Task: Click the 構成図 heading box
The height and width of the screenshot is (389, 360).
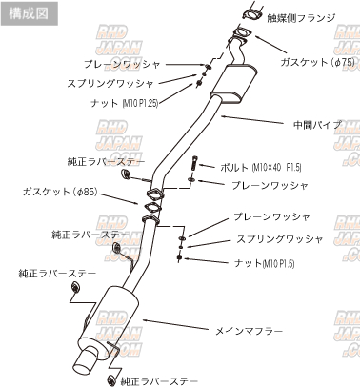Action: [30, 13]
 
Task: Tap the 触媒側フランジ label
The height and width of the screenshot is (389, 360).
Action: [301, 17]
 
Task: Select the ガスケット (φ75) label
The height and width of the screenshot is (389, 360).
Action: [317, 62]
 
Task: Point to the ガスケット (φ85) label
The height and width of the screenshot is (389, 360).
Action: [60, 192]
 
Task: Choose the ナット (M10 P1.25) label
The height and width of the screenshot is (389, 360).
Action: [124, 103]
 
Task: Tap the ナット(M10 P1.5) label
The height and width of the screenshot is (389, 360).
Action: [264, 263]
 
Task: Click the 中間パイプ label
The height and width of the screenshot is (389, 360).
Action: [317, 125]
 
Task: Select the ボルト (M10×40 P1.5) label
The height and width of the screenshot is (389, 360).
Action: [261, 167]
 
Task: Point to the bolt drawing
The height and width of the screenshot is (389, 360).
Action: [194, 163]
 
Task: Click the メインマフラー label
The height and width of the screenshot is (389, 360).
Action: [249, 332]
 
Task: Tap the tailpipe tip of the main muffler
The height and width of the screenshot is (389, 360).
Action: [85, 365]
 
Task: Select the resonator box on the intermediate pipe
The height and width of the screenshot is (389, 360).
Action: [234, 84]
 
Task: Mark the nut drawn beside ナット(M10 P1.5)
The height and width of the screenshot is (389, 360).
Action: [179, 257]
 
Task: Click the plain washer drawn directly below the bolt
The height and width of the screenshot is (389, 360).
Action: [191, 180]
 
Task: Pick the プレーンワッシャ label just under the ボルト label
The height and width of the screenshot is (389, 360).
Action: [270, 186]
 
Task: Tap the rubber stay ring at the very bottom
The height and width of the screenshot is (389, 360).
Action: [111, 379]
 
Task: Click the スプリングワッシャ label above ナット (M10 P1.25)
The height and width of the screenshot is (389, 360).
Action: [110, 84]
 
